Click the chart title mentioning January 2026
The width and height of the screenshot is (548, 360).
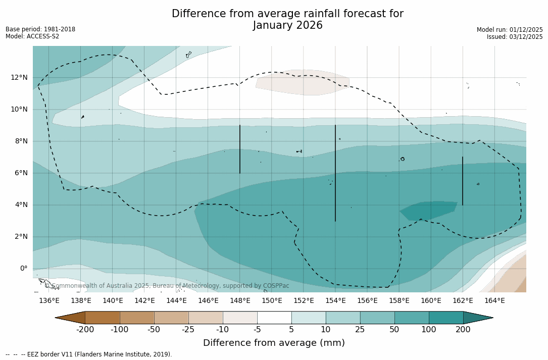(287, 20)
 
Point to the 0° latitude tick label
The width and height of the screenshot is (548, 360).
(24, 268)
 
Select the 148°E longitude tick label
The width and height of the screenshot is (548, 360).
(240, 301)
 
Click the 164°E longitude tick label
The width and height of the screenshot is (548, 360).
(494, 301)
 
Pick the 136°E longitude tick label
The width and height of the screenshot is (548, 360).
(49, 301)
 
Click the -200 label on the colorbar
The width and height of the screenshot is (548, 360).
(85, 330)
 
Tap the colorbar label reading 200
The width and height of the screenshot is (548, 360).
(463, 330)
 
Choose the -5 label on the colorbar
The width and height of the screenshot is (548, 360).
(257, 330)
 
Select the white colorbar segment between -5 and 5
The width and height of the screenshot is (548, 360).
(274, 318)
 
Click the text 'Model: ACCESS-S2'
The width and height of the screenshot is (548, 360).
(32, 36)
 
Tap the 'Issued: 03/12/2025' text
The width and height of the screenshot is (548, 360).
(515, 37)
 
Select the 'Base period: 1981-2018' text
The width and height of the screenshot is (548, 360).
(40, 29)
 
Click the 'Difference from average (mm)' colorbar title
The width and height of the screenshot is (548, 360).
(274, 343)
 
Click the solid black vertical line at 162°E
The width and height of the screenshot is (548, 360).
(463, 181)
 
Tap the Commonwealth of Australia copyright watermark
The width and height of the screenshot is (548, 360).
(167, 286)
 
